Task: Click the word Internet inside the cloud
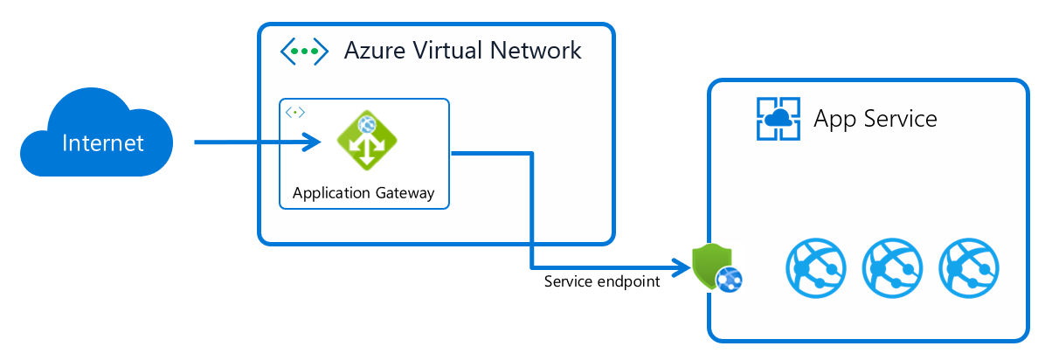tap(103, 142)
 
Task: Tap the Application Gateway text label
tap(363, 193)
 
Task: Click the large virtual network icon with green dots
tap(303, 51)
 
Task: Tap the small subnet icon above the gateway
tap(296, 113)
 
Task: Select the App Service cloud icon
tap(778, 119)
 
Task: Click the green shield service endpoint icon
tap(710, 266)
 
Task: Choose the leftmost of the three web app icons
tap(815, 267)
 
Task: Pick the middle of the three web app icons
tap(892, 267)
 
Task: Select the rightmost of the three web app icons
tap(968, 267)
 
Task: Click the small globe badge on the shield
tap(728, 278)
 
